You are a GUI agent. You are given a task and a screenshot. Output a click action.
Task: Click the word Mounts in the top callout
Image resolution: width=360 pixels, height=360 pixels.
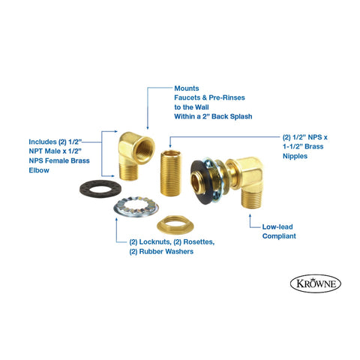pyautogui.click(x=187, y=87)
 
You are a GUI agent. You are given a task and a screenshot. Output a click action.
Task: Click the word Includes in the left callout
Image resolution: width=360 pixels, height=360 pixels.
pyautogui.click(x=40, y=139)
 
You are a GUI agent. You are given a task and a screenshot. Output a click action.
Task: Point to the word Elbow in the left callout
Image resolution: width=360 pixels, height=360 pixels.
pyautogui.click(x=38, y=170)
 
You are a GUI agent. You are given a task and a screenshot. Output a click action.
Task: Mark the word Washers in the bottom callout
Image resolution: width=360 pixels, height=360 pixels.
pyautogui.click(x=184, y=252)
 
